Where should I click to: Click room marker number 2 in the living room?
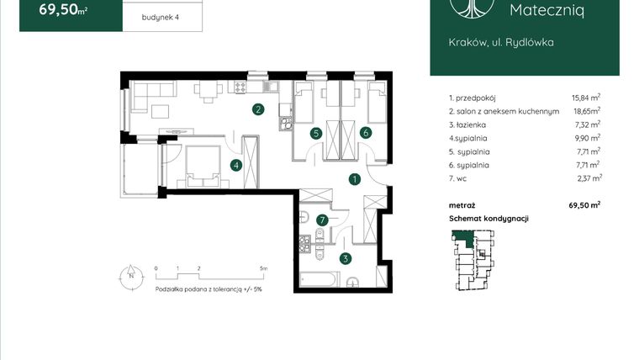tap(259, 109)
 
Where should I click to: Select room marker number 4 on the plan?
tap(237, 165)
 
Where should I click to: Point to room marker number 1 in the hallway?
tap(356, 178)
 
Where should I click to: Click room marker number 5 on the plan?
tap(315, 132)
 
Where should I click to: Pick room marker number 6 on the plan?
tap(366, 132)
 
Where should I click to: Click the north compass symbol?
tap(130, 275)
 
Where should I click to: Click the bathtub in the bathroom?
tap(319, 278)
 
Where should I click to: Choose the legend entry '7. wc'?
tap(459, 178)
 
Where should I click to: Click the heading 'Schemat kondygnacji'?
tap(488, 219)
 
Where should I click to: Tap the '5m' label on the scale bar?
tap(264, 270)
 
